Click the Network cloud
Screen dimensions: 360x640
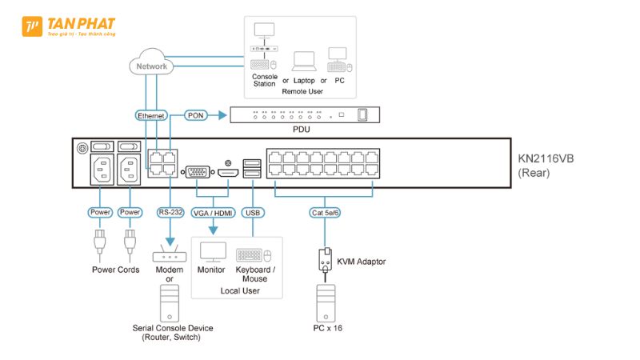pyautogui.click(x=151, y=66)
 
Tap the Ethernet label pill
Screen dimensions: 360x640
pyautogui.click(x=151, y=116)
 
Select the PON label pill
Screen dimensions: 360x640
pyautogui.click(x=196, y=116)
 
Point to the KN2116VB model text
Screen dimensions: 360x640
pyautogui.click(x=546, y=158)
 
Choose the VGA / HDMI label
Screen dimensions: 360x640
pyautogui.click(x=212, y=212)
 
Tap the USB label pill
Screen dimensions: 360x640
pyautogui.click(x=253, y=212)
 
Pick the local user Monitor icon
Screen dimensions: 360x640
pyautogui.click(x=212, y=253)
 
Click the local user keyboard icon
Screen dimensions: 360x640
pyautogui.click(x=249, y=255)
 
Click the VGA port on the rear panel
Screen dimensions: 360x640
pyautogui.click(x=197, y=172)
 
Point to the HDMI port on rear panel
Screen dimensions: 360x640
pyautogui.click(x=228, y=173)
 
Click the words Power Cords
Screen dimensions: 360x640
pyautogui.click(x=115, y=270)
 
